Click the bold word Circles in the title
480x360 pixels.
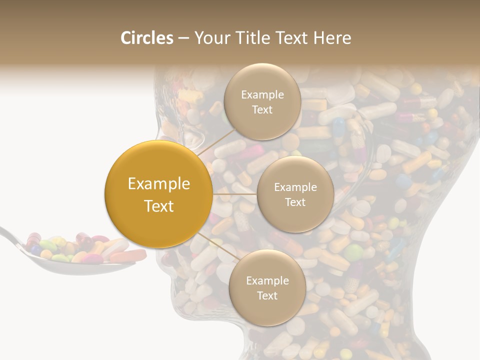(147, 38)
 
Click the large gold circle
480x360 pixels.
(158, 194)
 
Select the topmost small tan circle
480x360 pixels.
(262, 102)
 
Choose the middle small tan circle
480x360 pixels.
(295, 194)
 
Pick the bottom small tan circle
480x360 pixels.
(267, 288)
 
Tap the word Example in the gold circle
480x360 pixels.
(158, 184)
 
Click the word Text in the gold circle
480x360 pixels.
(158, 206)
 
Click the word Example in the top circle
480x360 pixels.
(262, 95)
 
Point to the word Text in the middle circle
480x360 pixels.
(295, 202)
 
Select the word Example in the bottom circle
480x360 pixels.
(267, 281)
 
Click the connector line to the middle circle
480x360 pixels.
(235, 194)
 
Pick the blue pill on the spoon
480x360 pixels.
(36, 248)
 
